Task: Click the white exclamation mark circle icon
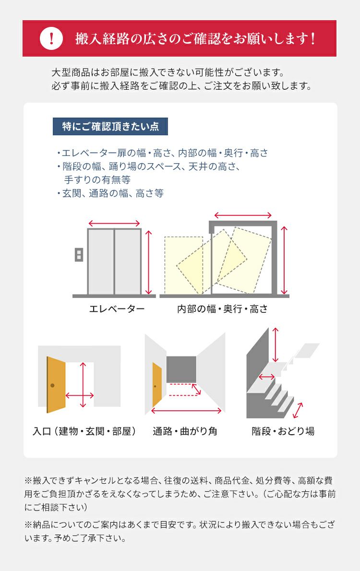(x=51, y=38)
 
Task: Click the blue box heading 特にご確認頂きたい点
(x=110, y=126)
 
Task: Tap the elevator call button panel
(x=79, y=254)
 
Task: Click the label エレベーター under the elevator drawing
(x=117, y=309)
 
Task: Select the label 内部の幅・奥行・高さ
(x=222, y=309)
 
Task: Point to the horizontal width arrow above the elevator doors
(x=114, y=223)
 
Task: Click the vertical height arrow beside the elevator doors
(x=148, y=262)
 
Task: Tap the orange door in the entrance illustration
(x=56, y=384)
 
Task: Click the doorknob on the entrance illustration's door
(x=52, y=385)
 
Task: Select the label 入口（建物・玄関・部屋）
(x=84, y=431)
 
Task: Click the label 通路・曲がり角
(x=185, y=431)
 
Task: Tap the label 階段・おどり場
(x=283, y=431)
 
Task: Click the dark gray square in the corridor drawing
(x=181, y=369)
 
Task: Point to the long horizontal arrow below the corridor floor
(x=186, y=411)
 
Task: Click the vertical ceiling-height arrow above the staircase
(x=276, y=344)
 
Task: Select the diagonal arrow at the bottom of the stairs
(x=298, y=410)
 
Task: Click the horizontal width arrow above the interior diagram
(x=243, y=215)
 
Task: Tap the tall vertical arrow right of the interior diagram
(x=284, y=260)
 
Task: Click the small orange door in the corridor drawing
(x=157, y=384)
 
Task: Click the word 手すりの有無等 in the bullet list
(x=97, y=179)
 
